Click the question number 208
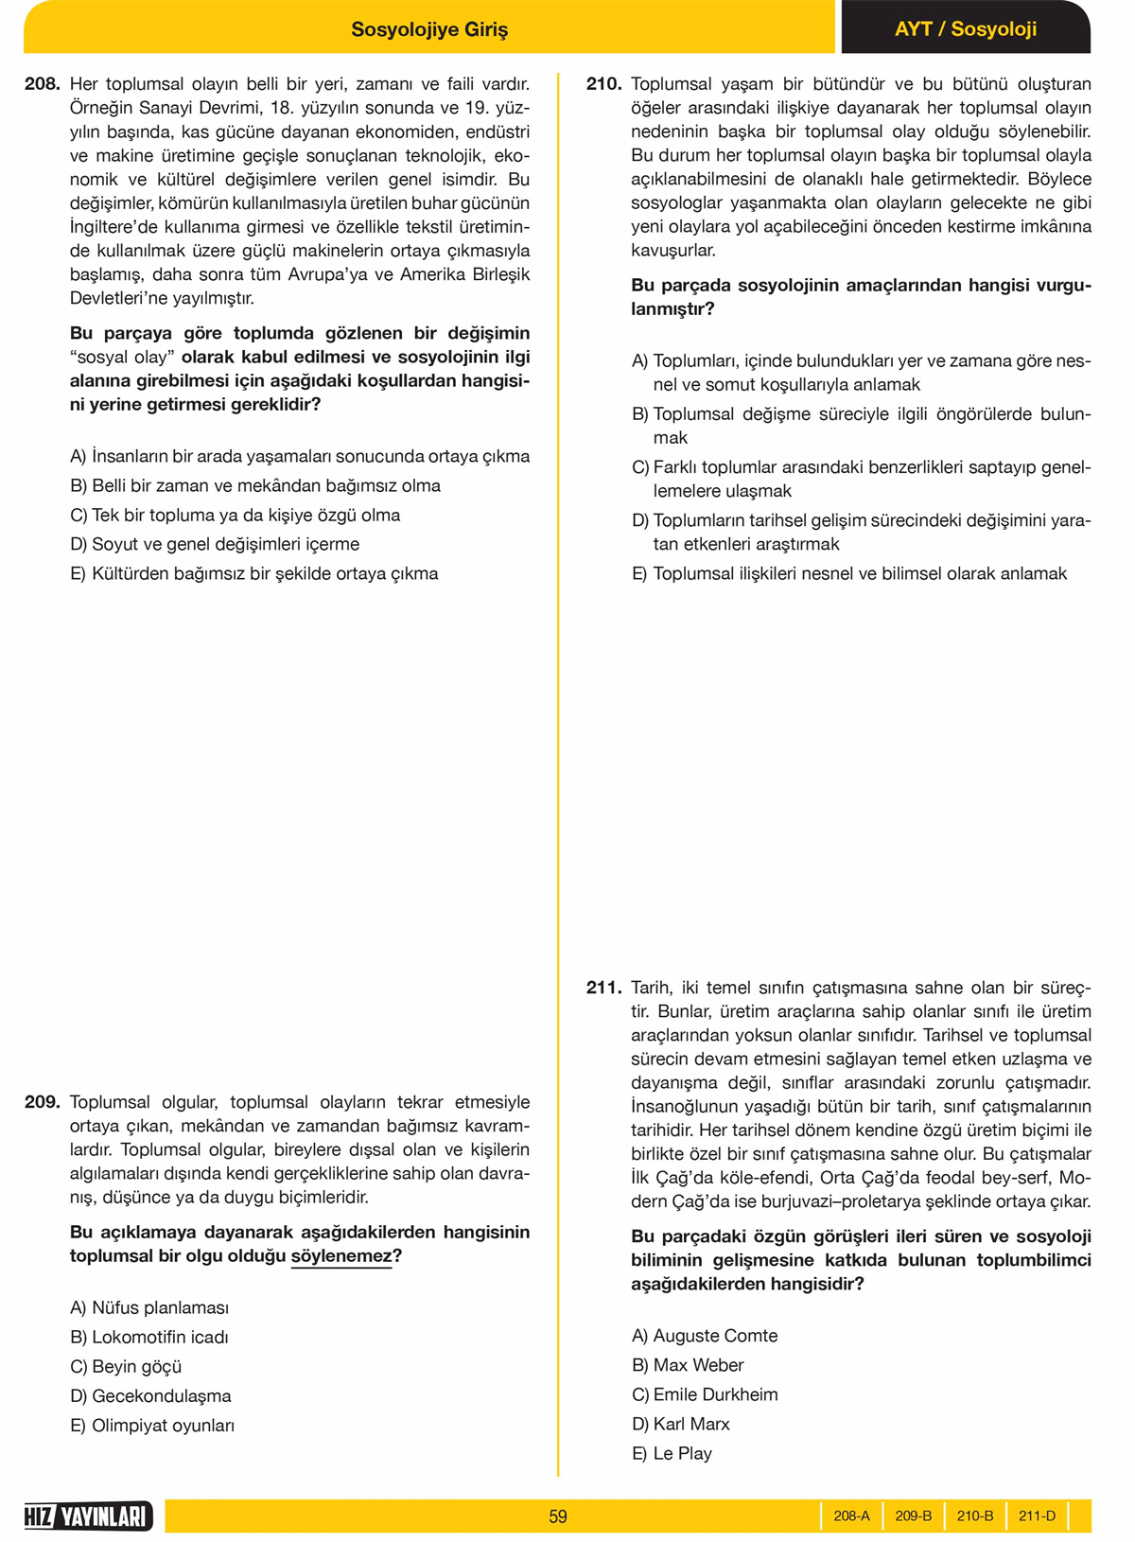click(43, 84)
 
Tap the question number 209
click(43, 1102)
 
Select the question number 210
click(603, 84)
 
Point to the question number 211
click(603, 988)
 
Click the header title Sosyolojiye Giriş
click(429, 29)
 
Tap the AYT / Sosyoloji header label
click(966, 29)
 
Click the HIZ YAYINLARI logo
click(88, 1516)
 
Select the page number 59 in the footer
click(558, 1516)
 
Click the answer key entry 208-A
click(851, 1516)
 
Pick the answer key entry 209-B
click(913, 1516)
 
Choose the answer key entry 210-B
click(975, 1516)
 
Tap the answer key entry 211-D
click(1037, 1516)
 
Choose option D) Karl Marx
click(681, 1424)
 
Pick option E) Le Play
click(672, 1453)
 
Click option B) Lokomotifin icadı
click(149, 1337)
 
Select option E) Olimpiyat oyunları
click(152, 1425)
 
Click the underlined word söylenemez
click(341, 1256)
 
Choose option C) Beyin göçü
click(126, 1366)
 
